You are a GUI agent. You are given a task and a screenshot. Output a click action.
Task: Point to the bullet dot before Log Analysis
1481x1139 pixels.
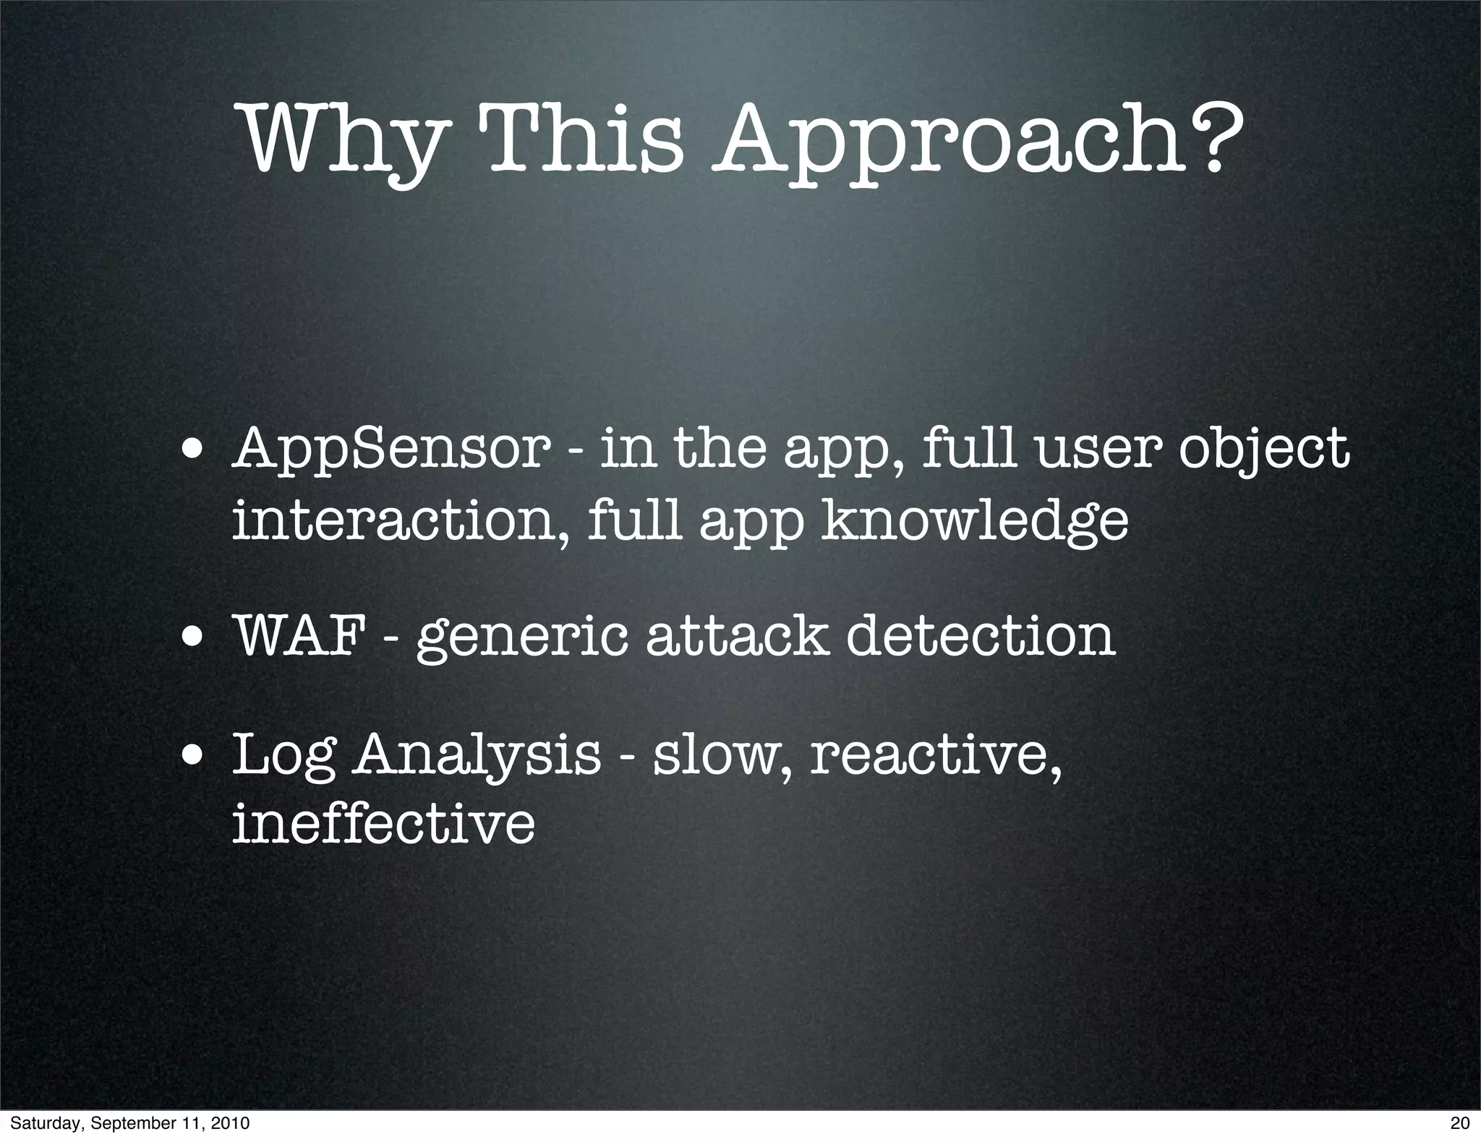click(192, 759)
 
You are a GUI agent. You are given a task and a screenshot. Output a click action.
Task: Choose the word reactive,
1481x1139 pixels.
click(936, 755)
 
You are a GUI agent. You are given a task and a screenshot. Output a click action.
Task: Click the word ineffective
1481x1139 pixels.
click(383, 823)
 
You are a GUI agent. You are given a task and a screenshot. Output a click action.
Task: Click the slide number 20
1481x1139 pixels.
click(1460, 1123)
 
